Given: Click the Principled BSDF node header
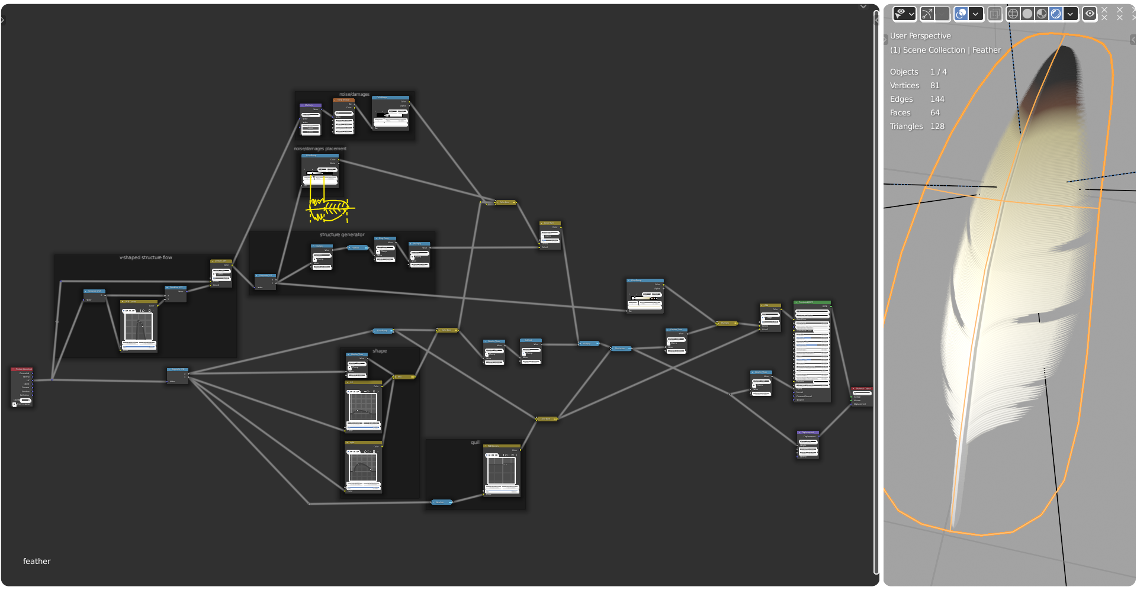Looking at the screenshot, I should (811, 302).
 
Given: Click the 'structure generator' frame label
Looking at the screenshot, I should (342, 235).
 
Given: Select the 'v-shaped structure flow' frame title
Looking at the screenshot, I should (146, 258).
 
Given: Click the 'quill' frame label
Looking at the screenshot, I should (475, 443).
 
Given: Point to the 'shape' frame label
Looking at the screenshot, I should (380, 352).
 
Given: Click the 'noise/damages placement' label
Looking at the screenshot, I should (320, 149).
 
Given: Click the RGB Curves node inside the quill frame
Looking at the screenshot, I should (502, 470).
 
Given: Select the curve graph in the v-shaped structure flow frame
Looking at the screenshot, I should (139, 327).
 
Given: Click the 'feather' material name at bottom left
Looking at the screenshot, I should (37, 562).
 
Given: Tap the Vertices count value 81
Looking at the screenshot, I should (934, 86).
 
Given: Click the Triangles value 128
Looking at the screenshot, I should (937, 127).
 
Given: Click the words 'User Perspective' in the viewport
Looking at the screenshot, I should (920, 36).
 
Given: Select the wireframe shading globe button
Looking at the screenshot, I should (1013, 14).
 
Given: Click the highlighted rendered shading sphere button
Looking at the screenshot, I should (1055, 14).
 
